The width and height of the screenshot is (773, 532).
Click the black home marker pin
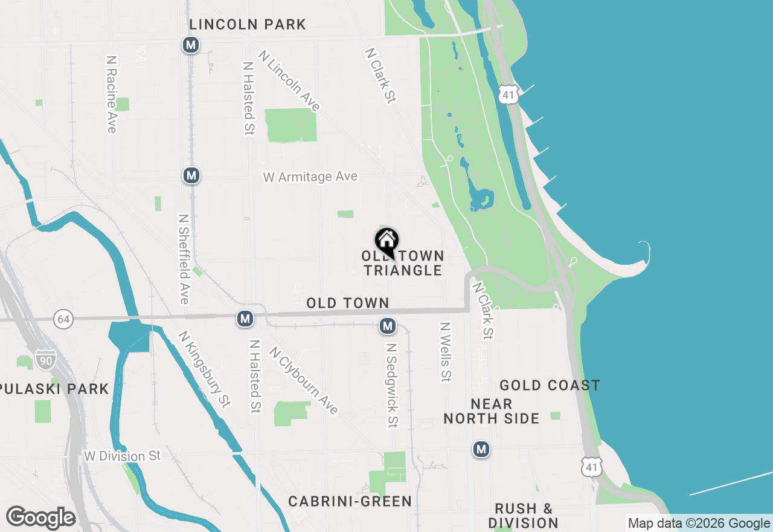coord(386,241)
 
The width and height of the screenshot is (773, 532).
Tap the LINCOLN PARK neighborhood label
coord(248,25)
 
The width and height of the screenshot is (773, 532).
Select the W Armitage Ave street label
coord(310,177)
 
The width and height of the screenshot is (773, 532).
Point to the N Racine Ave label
coord(111,94)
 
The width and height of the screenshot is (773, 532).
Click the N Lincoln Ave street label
coord(289,81)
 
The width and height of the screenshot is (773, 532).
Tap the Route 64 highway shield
coord(63,319)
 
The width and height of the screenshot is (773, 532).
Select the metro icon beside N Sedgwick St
coord(388,326)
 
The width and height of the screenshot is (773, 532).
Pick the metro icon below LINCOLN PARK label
coord(191,45)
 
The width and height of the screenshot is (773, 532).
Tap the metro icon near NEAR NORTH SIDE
coord(481,449)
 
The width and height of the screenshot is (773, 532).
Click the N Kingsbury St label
coord(205,369)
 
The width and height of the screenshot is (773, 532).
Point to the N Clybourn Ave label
coord(304,380)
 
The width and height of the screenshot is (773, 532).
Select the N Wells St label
coord(446,351)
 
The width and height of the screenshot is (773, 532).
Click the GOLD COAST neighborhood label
coord(550,385)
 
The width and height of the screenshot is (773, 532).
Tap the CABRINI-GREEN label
coord(350,501)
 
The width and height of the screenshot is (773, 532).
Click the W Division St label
coord(123,456)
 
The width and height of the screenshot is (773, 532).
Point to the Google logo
coord(40,517)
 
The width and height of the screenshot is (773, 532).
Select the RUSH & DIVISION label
coord(523,515)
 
